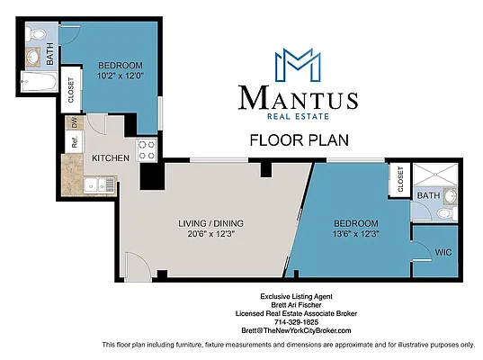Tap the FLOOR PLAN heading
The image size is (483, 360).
298,139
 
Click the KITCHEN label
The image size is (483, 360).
111,158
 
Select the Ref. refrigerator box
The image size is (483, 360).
71,141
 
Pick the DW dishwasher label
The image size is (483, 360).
76,122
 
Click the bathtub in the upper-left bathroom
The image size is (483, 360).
38,86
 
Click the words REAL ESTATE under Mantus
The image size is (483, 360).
298,116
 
